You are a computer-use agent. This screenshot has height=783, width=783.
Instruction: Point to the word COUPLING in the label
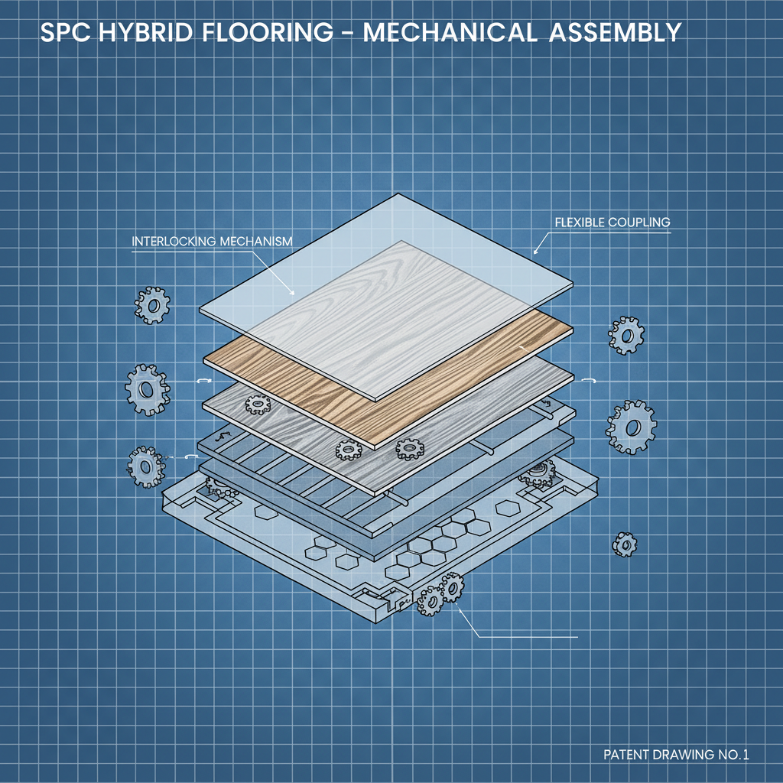tap(640, 223)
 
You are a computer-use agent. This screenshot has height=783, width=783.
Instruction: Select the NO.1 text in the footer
tap(731, 755)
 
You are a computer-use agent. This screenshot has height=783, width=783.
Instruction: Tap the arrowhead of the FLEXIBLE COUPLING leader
tap(535, 252)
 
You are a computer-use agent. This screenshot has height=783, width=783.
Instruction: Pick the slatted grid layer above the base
tap(306, 482)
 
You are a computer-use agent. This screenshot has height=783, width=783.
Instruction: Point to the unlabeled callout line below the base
tap(528, 637)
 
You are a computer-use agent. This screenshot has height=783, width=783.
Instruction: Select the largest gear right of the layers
tap(632, 427)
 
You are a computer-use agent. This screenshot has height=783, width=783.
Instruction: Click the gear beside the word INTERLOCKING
tap(153, 306)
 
